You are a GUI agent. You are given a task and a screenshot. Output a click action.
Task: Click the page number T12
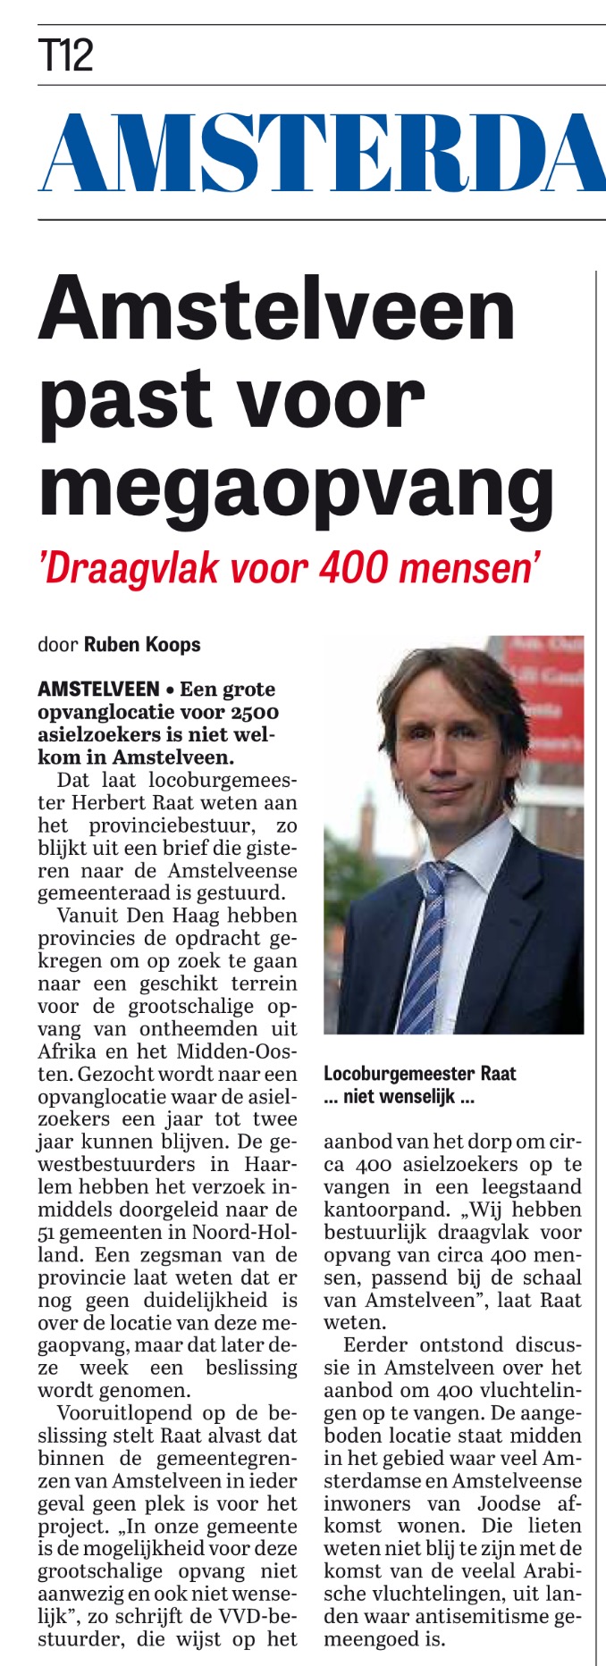pos(66,56)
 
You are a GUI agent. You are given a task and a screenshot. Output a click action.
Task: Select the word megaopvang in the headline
pos(296,489)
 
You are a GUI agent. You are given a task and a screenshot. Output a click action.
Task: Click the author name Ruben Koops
pos(142,644)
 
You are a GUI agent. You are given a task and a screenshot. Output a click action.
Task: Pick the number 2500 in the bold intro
pos(254,713)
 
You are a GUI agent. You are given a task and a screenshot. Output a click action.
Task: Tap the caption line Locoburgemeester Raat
pos(419,1073)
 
